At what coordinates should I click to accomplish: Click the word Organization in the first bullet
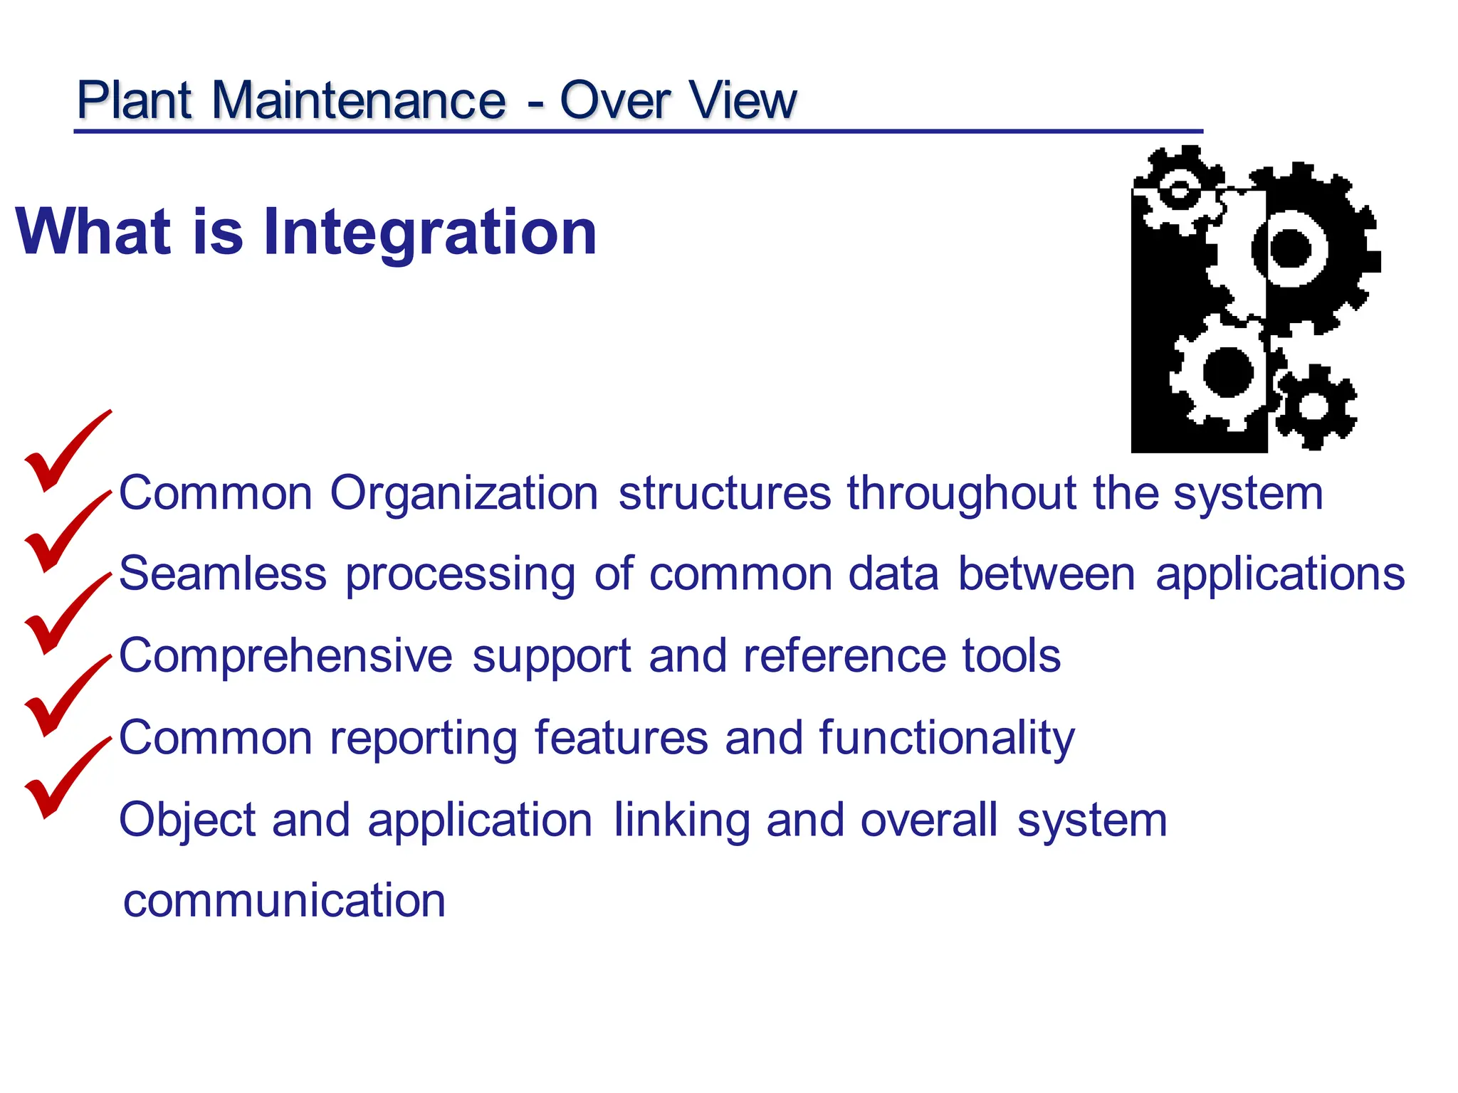(463, 493)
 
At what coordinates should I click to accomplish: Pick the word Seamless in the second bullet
(222, 574)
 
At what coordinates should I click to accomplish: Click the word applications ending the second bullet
(1280, 574)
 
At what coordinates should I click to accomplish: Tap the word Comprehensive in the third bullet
(285, 655)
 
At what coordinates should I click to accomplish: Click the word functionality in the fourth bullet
(947, 738)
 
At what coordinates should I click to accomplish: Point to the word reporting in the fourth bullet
(424, 738)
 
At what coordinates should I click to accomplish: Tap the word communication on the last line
(284, 900)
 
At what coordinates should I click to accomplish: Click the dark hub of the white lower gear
(1228, 371)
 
